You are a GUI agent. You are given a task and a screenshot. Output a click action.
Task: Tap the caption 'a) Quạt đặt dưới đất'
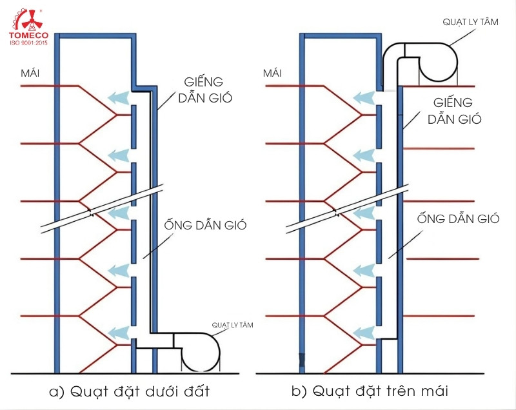tap(129, 391)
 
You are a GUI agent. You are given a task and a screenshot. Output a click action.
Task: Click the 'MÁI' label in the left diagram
tap(30, 73)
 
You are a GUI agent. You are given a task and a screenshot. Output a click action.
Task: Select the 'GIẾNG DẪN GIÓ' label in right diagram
tap(453, 110)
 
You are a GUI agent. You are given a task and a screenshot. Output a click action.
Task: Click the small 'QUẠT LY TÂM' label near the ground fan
tap(233, 325)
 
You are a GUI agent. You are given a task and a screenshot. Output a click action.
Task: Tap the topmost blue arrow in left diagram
tap(118, 97)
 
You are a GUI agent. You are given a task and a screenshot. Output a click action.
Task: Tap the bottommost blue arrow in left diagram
tap(118, 333)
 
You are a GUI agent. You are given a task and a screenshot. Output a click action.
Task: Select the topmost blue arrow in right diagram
tap(363, 97)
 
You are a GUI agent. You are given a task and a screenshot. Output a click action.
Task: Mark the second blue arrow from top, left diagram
tap(118, 155)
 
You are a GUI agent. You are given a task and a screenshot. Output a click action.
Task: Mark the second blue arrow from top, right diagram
tap(363, 155)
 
